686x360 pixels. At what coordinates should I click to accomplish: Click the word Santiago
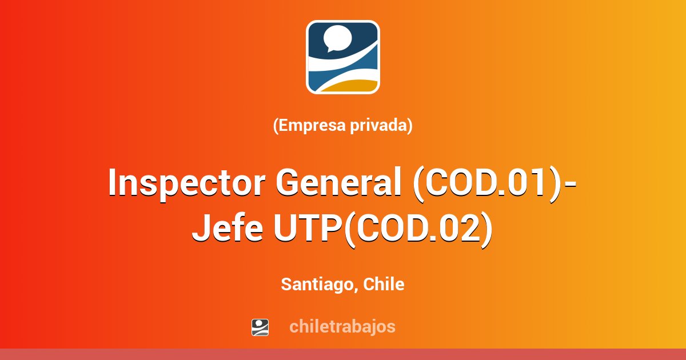click(317, 285)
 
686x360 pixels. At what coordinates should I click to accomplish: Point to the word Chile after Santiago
click(384, 284)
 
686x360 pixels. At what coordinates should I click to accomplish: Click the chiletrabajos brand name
click(342, 327)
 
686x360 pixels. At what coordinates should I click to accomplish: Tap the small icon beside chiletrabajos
click(260, 327)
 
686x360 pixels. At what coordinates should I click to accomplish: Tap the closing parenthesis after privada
click(410, 126)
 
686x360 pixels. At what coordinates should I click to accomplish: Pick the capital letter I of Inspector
click(113, 184)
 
